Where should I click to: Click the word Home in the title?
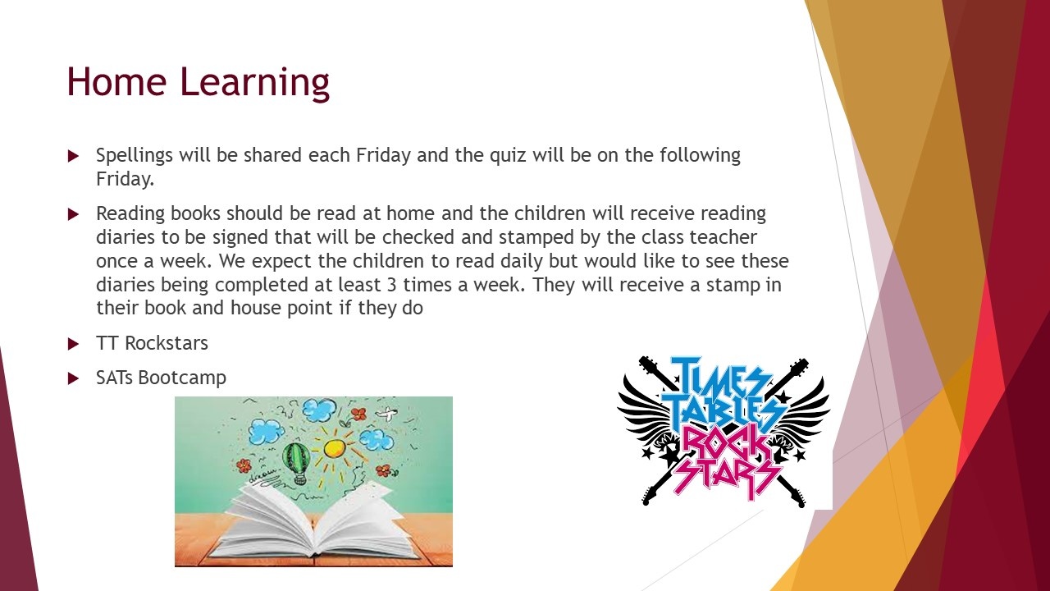pos(116,81)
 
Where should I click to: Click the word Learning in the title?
pos(255,84)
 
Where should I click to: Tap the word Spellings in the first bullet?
pos(135,156)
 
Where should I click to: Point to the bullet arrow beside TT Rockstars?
pos(73,344)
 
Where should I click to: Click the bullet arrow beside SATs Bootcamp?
pos(73,378)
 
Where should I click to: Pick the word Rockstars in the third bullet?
pos(167,343)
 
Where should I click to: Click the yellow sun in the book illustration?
pos(334,448)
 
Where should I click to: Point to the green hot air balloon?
pos(296,461)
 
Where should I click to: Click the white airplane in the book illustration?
pos(386,414)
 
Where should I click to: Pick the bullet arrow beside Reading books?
pos(73,214)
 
